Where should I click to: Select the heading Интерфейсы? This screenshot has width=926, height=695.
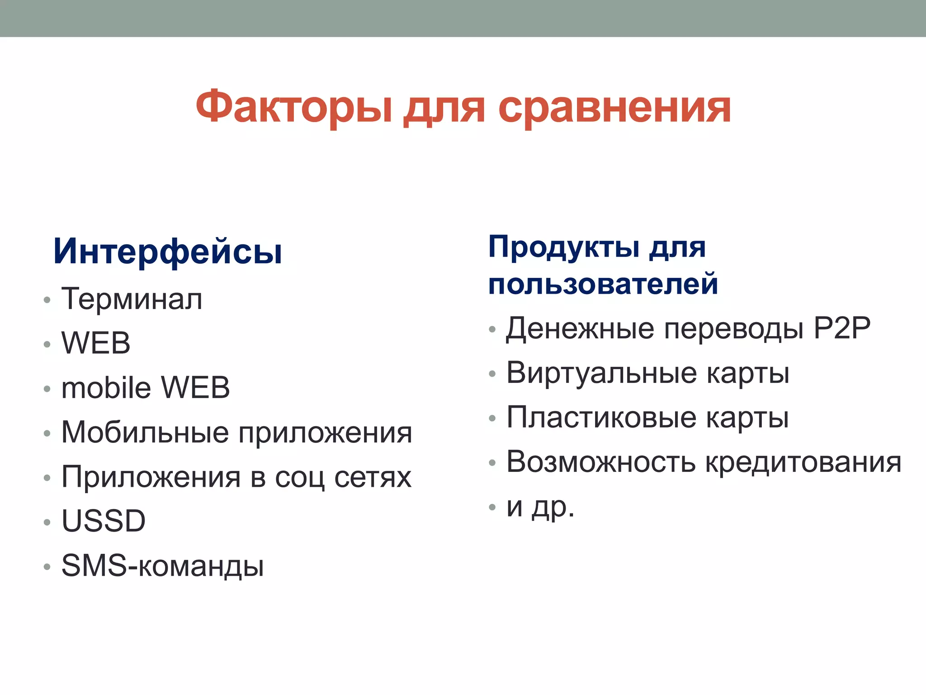point(168,252)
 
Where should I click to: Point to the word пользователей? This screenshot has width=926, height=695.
point(603,284)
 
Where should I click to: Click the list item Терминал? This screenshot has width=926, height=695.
point(132,299)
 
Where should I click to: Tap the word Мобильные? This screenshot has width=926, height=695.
point(145,432)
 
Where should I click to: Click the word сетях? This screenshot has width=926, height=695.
point(373,477)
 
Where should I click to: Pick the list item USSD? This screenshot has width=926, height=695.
point(104,521)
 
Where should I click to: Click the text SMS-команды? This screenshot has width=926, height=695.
point(162,566)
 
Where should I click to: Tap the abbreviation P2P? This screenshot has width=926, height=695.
point(842,328)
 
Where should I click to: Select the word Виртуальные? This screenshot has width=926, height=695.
point(601,373)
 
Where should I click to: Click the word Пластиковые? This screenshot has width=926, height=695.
point(601,417)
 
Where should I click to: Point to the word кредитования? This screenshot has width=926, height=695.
point(803,462)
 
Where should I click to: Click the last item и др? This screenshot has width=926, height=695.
point(540,507)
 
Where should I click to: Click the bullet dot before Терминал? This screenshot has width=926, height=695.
point(47,300)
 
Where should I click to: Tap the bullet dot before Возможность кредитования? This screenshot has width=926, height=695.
point(492,463)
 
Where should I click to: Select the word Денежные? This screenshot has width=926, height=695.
point(580,329)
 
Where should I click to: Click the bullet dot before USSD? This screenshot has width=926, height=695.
point(47,522)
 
